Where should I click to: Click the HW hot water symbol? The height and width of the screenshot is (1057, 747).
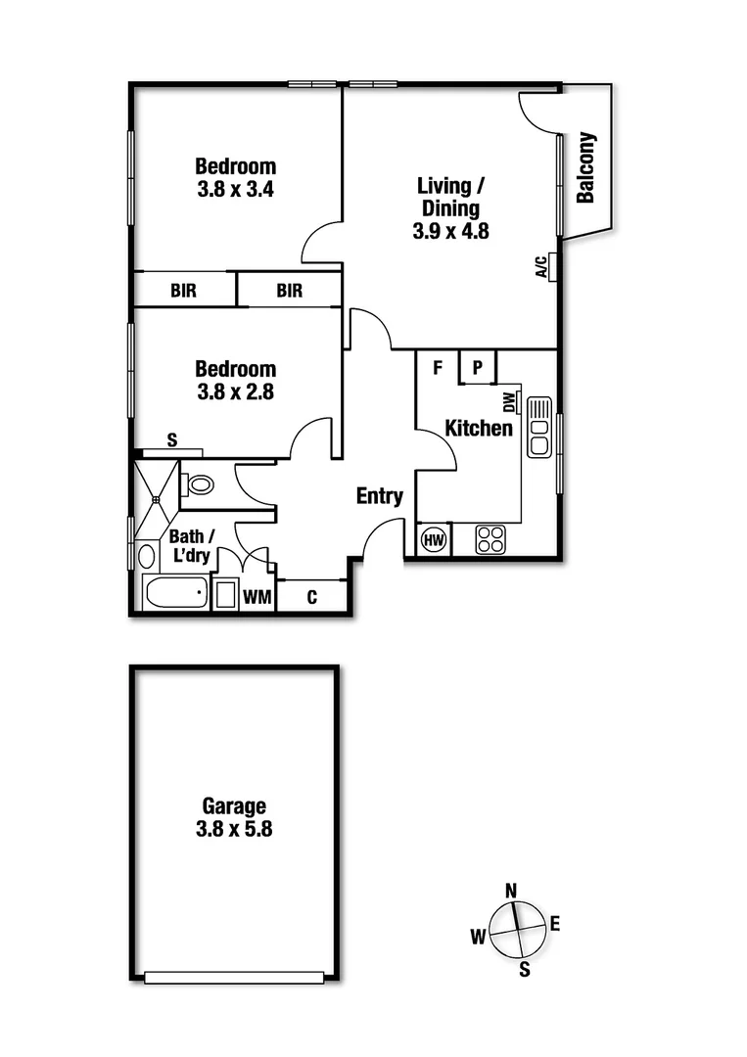click(433, 539)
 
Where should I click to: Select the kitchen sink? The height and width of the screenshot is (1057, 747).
click(539, 427)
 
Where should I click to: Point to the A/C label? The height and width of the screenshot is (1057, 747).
click(541, 267)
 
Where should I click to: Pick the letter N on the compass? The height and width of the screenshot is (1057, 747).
click(510, 890)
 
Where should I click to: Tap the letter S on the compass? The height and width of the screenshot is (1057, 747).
click(525, 970)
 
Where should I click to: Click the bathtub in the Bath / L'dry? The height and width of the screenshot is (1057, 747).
click(175, 592)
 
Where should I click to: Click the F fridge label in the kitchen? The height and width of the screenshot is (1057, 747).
click(439, 368)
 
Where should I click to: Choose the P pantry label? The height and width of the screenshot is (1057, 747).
click(478, 368)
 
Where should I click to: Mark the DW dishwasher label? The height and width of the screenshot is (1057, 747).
click(509, 401)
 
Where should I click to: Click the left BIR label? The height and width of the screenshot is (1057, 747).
click(183, 291)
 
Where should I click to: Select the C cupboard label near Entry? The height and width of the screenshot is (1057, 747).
click(312, 596)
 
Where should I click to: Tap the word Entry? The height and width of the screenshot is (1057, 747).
click(379, 496)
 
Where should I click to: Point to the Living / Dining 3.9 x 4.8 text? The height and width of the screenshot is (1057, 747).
click(450, 208)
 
